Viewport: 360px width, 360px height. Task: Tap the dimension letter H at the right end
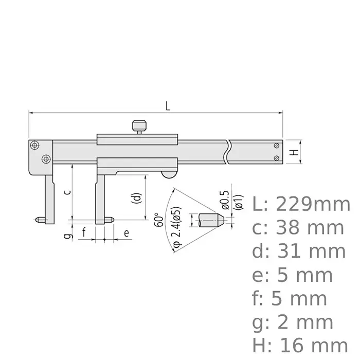point(292,152)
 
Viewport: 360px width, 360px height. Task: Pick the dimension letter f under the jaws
point(84,233)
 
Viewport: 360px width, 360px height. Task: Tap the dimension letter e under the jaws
point(126,233)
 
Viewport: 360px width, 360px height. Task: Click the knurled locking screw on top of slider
point(137,125)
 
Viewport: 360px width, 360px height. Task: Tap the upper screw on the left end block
point(34,145)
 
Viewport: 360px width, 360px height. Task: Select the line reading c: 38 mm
point(298,228)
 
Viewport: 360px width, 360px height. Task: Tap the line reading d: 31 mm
point(299,251)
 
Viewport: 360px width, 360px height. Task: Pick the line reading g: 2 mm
point(293,322)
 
